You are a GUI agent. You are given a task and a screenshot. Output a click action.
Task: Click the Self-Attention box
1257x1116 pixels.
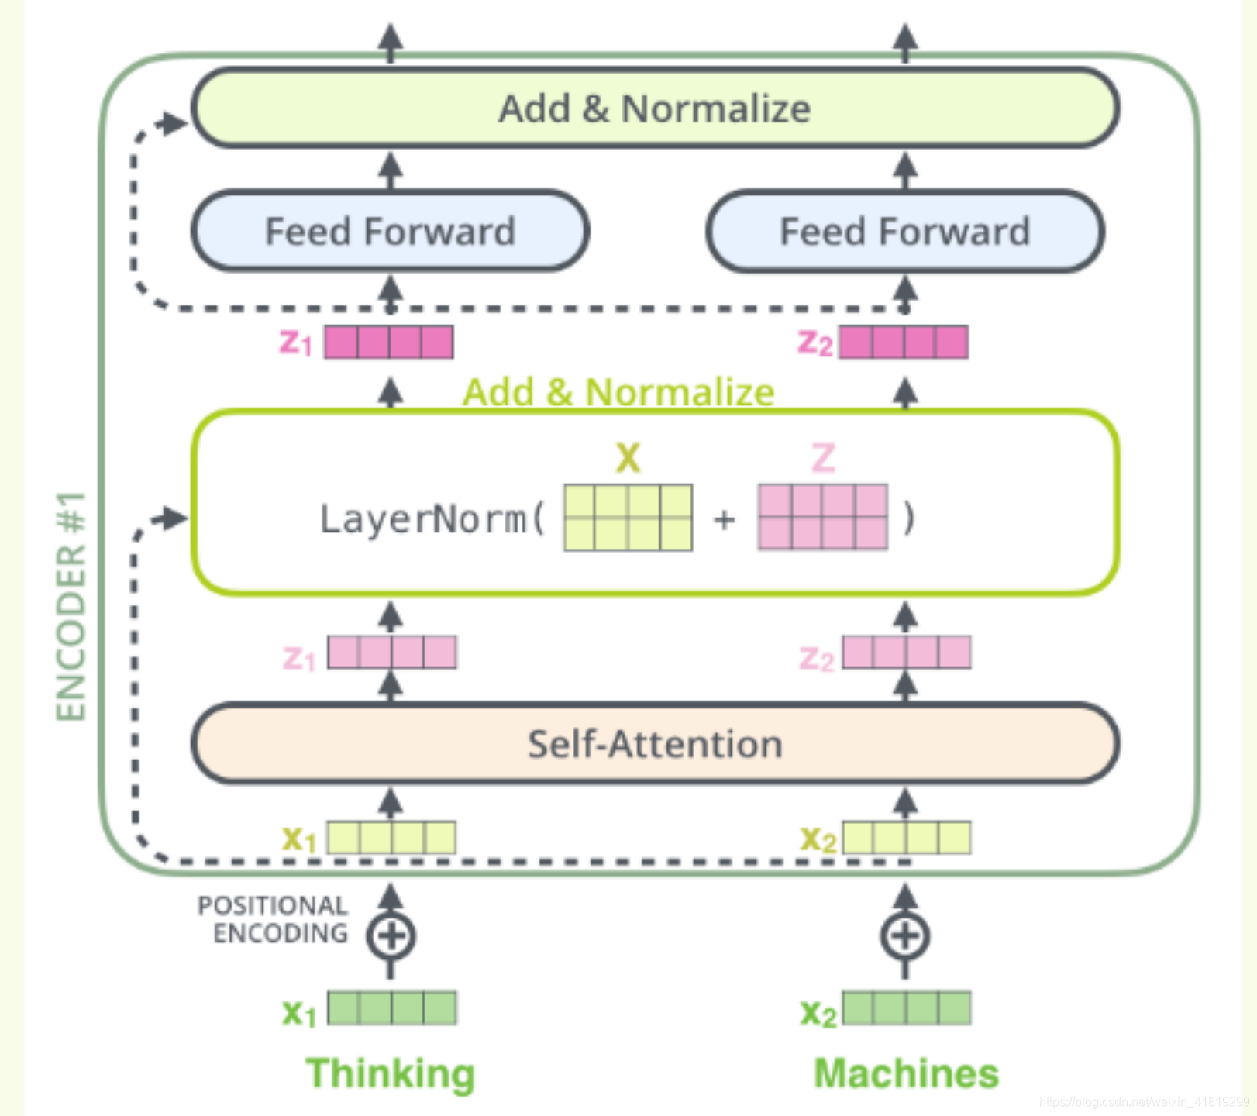[x=655, y=743]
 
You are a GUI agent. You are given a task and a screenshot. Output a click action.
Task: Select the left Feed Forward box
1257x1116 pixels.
[x=390, y=231]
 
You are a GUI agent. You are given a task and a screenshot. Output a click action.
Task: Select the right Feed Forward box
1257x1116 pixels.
[x=905, y=231]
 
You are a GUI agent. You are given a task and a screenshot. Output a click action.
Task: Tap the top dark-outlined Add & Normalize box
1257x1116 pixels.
[x=655, y=108]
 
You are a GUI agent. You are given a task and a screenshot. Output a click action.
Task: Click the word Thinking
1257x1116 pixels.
[x=390, y=1074]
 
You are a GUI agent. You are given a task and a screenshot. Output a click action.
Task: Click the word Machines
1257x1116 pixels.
[x=906, y=1073]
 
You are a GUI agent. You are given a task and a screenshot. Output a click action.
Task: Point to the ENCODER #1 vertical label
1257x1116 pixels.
[x=71, y=606]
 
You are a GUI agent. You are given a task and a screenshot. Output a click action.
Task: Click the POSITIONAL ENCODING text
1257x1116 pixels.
[x=273, y=919]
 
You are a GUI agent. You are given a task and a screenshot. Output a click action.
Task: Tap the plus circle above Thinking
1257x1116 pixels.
[x=391, y=936]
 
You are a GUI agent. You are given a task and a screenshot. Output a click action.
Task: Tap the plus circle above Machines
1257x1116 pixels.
[x=905, y=936]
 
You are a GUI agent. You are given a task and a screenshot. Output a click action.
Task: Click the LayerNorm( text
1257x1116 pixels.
[x=432, y=519]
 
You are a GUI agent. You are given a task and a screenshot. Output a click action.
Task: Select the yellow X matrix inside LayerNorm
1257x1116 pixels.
[x=628, y=518]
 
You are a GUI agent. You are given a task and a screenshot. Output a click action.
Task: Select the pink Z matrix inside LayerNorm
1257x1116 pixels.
[x=823, y=518]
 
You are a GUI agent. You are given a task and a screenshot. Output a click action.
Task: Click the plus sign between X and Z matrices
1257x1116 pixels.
[x=725, y=519]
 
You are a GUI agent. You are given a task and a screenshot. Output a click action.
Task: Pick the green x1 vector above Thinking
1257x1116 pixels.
[x=391, y=1008]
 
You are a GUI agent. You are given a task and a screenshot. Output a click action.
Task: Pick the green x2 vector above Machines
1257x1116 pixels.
[x=907, y=1008]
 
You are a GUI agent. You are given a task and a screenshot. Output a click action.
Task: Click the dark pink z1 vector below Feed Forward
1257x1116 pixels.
[x=388, y=342]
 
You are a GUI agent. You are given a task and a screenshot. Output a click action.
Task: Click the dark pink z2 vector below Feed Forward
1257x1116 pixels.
[x=904, y=342]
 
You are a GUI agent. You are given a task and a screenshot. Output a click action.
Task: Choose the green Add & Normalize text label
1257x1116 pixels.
[x=618, y=392]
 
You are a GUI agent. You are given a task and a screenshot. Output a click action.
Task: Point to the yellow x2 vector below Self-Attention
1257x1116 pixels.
[x=907, y=838]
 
